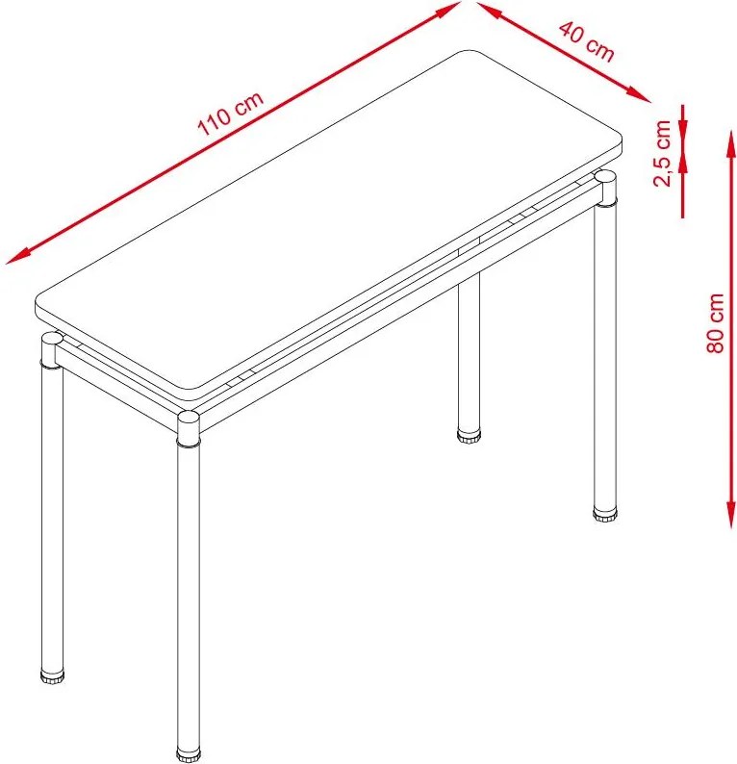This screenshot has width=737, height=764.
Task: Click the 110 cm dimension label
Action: (230, 113)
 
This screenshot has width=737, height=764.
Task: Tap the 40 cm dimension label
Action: (587, 41)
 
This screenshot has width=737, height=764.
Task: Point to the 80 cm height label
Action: (715, 323)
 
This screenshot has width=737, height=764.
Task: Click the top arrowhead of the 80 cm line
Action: (730, 143)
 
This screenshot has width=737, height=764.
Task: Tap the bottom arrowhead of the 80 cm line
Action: (730, 515)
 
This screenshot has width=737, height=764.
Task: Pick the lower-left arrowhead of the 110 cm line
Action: (18, 256)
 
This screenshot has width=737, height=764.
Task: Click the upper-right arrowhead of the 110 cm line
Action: (448, 10)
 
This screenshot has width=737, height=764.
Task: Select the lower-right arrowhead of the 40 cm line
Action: (639, 95)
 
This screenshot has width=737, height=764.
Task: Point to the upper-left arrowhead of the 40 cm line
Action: (489, 11)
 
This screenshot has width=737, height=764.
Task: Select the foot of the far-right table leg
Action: (605, 515)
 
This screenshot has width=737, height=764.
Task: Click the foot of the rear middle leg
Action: (469, 435)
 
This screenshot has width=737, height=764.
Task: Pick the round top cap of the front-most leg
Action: (189, 418)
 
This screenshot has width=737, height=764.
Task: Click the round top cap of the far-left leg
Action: (52, 339)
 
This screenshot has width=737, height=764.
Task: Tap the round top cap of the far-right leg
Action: (605, 176)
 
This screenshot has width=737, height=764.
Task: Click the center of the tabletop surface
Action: (329, 220)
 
